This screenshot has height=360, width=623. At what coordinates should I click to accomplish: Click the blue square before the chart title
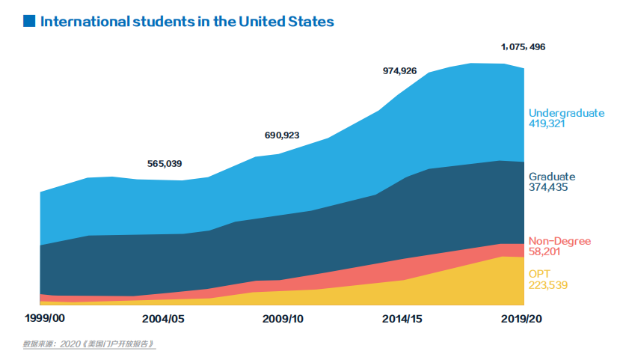29,21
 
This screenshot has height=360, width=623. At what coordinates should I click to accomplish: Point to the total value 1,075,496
523,47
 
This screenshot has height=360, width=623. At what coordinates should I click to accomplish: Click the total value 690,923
282,135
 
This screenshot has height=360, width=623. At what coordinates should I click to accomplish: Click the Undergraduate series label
565,113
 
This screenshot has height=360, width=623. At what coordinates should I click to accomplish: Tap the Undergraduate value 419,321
547,123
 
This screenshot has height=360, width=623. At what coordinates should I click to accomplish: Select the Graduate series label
552,177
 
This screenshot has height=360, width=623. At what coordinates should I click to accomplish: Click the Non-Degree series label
559,241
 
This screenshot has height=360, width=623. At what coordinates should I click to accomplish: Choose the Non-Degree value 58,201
544,251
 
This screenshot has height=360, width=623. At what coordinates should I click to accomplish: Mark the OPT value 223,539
547,284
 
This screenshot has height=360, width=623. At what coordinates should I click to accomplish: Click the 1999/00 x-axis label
45,318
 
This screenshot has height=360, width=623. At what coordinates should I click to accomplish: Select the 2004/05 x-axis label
164,318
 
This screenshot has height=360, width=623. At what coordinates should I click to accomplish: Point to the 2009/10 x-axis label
283,318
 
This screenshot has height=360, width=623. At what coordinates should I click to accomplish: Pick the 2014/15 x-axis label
402,318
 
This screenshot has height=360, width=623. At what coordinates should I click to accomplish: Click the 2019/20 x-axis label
521,318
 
